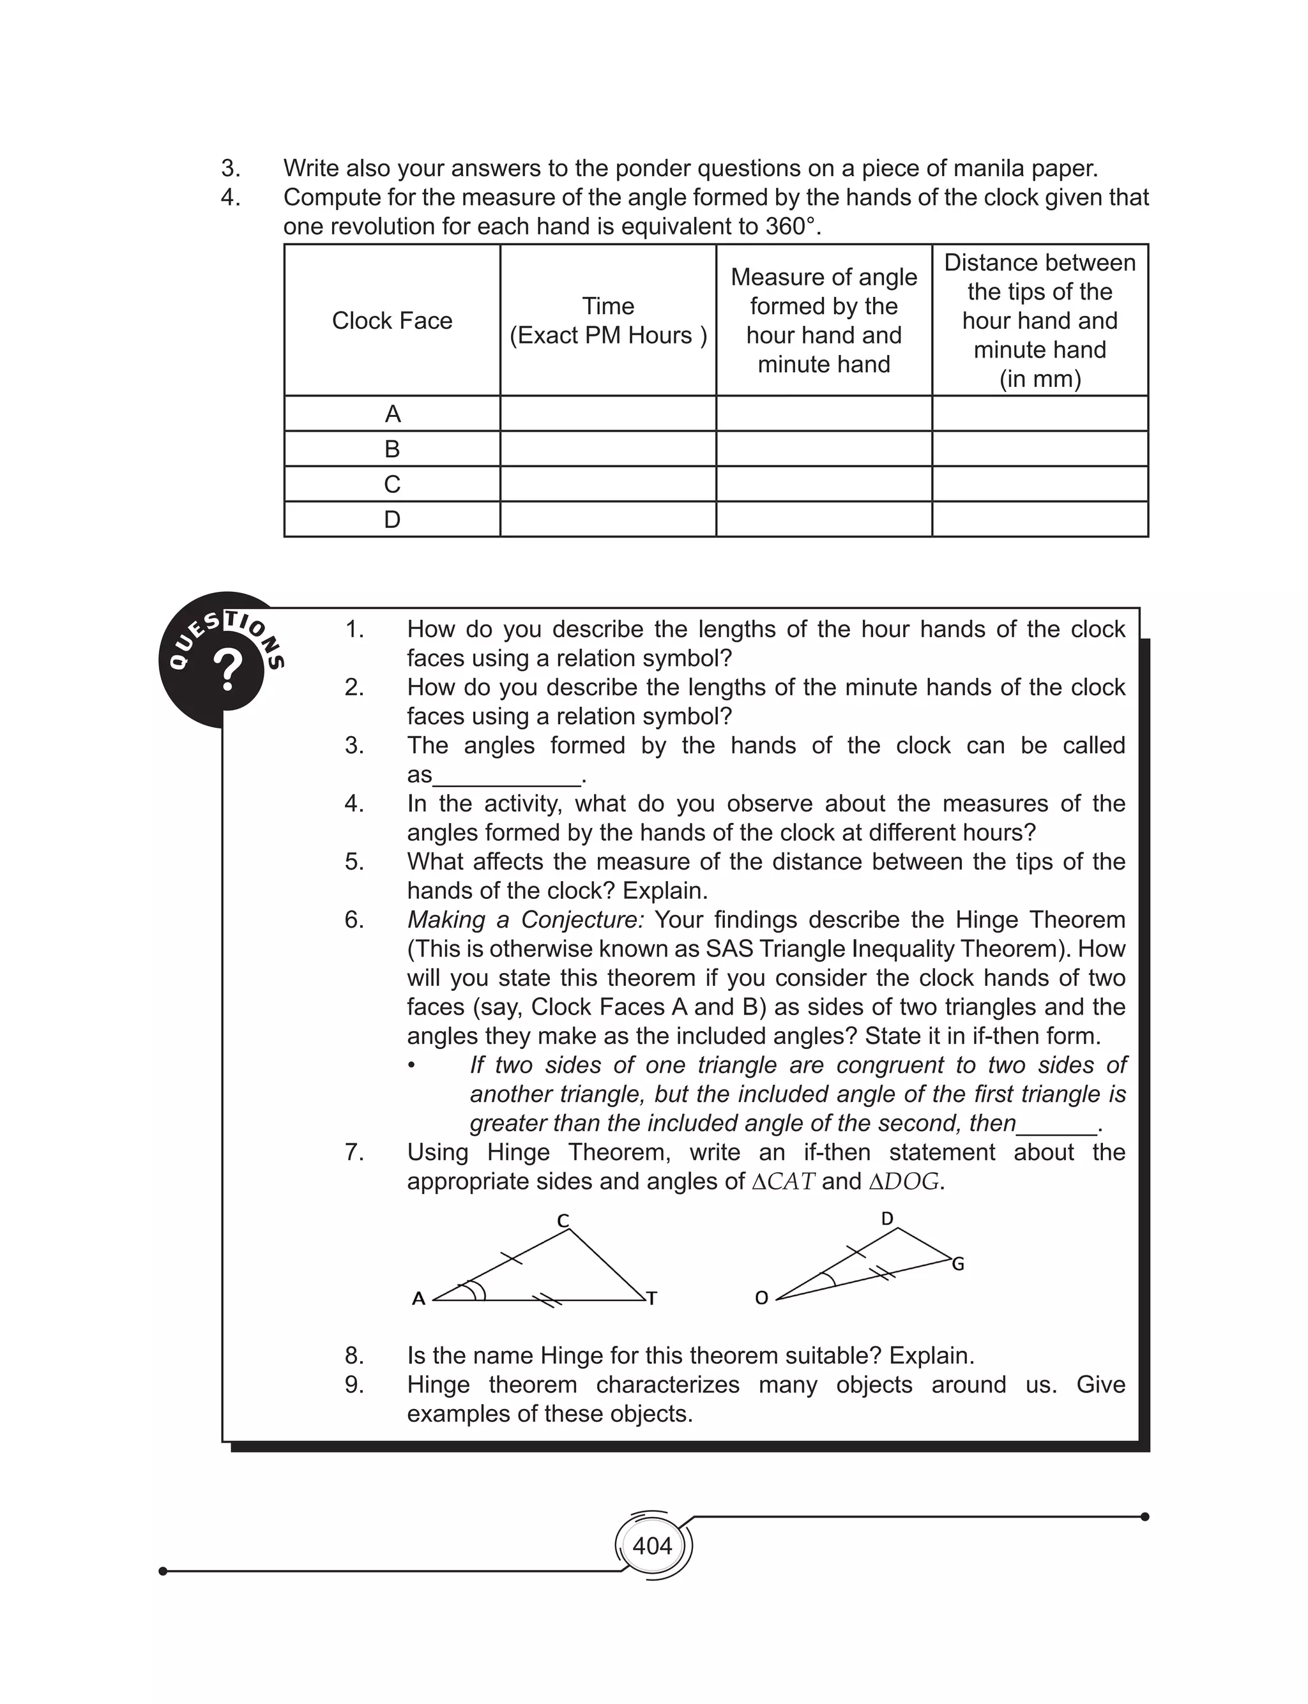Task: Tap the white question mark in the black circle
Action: (228, 670)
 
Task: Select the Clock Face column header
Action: (392, 320)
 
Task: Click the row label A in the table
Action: (392, 414)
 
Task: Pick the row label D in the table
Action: (392, 519)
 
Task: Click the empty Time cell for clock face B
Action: (607, 449)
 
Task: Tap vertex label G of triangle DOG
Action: (957, 1264)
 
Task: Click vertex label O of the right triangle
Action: (761, 1298)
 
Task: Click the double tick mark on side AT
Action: (547, 1299)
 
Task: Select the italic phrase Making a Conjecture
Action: (526, 920)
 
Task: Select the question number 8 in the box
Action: (354, 1355)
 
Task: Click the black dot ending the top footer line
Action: (1144, 1516)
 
